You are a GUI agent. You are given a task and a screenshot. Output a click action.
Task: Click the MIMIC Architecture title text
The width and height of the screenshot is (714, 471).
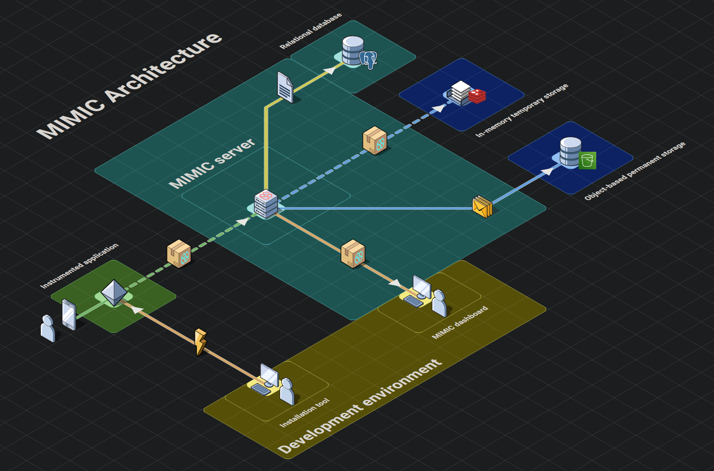click(x=130, y=86)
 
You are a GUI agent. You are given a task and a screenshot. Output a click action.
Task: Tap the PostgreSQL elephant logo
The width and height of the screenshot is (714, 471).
click(x=369, y=59)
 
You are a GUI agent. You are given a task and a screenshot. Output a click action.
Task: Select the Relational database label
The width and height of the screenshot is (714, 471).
click(x=310, y=31)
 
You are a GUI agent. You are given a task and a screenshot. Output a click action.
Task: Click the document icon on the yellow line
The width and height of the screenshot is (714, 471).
click(x=285, y=87)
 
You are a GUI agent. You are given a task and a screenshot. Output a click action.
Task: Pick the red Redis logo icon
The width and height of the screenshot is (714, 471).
click(x=477, y=95)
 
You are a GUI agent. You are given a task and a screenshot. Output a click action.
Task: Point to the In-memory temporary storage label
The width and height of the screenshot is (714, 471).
click(x=522, y=110)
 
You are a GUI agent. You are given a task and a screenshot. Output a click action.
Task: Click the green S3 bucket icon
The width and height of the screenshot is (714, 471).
click(x=587, y=161)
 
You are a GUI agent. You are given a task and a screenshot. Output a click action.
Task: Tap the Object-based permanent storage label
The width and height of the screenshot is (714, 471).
click(x=634, y=171)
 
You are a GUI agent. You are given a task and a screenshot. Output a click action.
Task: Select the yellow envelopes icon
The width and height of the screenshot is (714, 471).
click(x=482, y=207)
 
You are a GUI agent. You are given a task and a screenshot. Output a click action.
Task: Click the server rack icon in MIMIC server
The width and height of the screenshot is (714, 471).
click(x=266, y=204)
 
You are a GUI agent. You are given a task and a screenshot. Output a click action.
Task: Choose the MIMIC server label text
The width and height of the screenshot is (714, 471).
click(x=212, y=163)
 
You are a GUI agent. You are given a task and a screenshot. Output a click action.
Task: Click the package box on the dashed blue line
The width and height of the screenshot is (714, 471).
click(x=375, y=140)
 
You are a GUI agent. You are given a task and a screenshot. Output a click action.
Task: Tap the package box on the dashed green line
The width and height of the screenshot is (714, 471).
click(x=179, y=253)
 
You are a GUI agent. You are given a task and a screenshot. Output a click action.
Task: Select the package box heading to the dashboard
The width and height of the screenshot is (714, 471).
click(x=353, y=253)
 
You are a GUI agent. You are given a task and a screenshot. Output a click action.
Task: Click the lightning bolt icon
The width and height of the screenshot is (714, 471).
click(x=200, y=342)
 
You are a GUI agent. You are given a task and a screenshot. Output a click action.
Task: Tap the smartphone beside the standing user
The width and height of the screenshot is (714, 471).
click(x=69, y=314)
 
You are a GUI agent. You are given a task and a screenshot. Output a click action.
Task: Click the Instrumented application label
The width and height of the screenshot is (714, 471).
click(x=80, y=266)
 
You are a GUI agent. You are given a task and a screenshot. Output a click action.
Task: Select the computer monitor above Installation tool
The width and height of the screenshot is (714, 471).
click(x=269, y=375)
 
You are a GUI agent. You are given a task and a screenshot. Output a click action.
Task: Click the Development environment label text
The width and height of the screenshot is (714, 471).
click(x=360, y=407)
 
